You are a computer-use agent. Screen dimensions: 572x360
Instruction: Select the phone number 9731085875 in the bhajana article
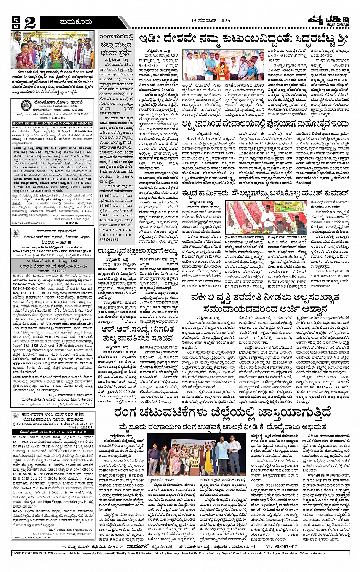(114, 239)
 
